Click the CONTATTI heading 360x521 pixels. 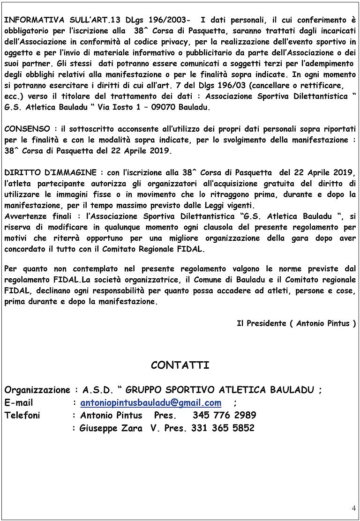pyautogui.click(x=180, y=365)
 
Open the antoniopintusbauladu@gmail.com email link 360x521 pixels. pyautogui.click(x=150, y=402)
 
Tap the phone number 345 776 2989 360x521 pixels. pyautogui.click(x=224, y=415)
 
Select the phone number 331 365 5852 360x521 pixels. pyautogui.click(x=223, y=428)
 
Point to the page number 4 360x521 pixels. pyautogui.click(x=353, y=509)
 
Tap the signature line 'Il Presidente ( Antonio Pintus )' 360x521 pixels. pyautogui.click(x=296, y=323)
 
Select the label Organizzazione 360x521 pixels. pyautogui.click(x=37, y=390)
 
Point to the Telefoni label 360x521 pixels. pyautogui.click(x=22, y=415)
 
